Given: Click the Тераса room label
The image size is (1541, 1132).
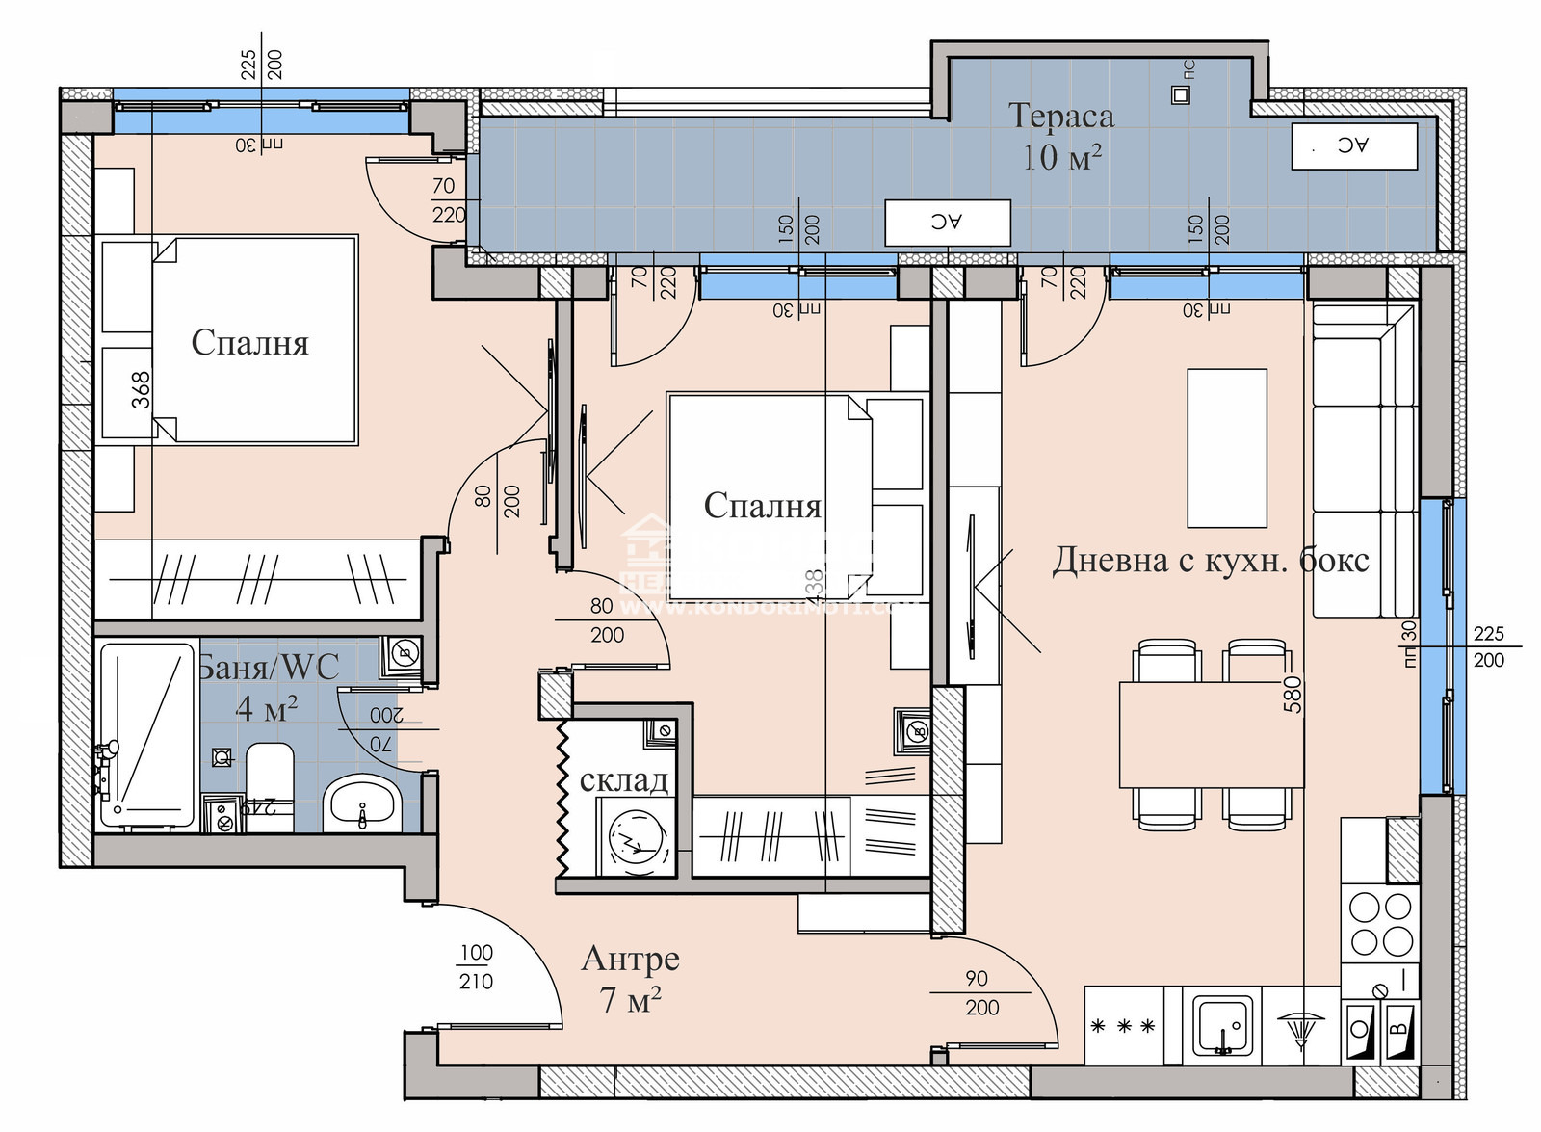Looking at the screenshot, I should pyautogui.click(x=1061, y=117).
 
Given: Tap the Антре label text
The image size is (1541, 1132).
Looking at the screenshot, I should pyautogui.click(x=631, y=960).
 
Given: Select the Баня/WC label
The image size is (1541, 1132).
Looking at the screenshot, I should pyautogui.click(x=269, y=667).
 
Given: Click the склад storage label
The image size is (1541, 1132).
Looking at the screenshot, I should pyautogui.click(x=623, y=779).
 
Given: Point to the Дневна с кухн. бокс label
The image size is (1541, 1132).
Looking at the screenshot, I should pyautogui.click(x=1210, y=560).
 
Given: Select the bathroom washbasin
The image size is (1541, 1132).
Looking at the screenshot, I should pyautogui.click(x=361, y=802).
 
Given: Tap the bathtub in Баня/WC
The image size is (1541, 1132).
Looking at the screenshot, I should pyautogui.click(x=147, y=735).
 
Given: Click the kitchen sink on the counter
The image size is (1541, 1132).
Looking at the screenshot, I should pyautogui.click(x=1222, y=1027).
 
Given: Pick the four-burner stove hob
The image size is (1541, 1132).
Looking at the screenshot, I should pyautogui.click(x=1380, y=923).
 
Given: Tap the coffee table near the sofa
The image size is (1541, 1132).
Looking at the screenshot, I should pyautogui.click(x=1226, y=448).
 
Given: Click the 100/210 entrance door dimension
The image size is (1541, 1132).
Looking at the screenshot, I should pyautogui.click(x=476, y=967).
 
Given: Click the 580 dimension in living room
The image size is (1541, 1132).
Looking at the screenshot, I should pyautogui.click(x=1293, y=694).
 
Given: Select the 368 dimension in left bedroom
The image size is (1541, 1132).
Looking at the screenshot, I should pyautogui.click(x=142, y=390).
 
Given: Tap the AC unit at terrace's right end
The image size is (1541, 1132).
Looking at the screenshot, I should pyautogui.click(x=1353, y=146).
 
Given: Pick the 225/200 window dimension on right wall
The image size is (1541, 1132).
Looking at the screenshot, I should pyautogui.click(x=1488, y=647).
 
